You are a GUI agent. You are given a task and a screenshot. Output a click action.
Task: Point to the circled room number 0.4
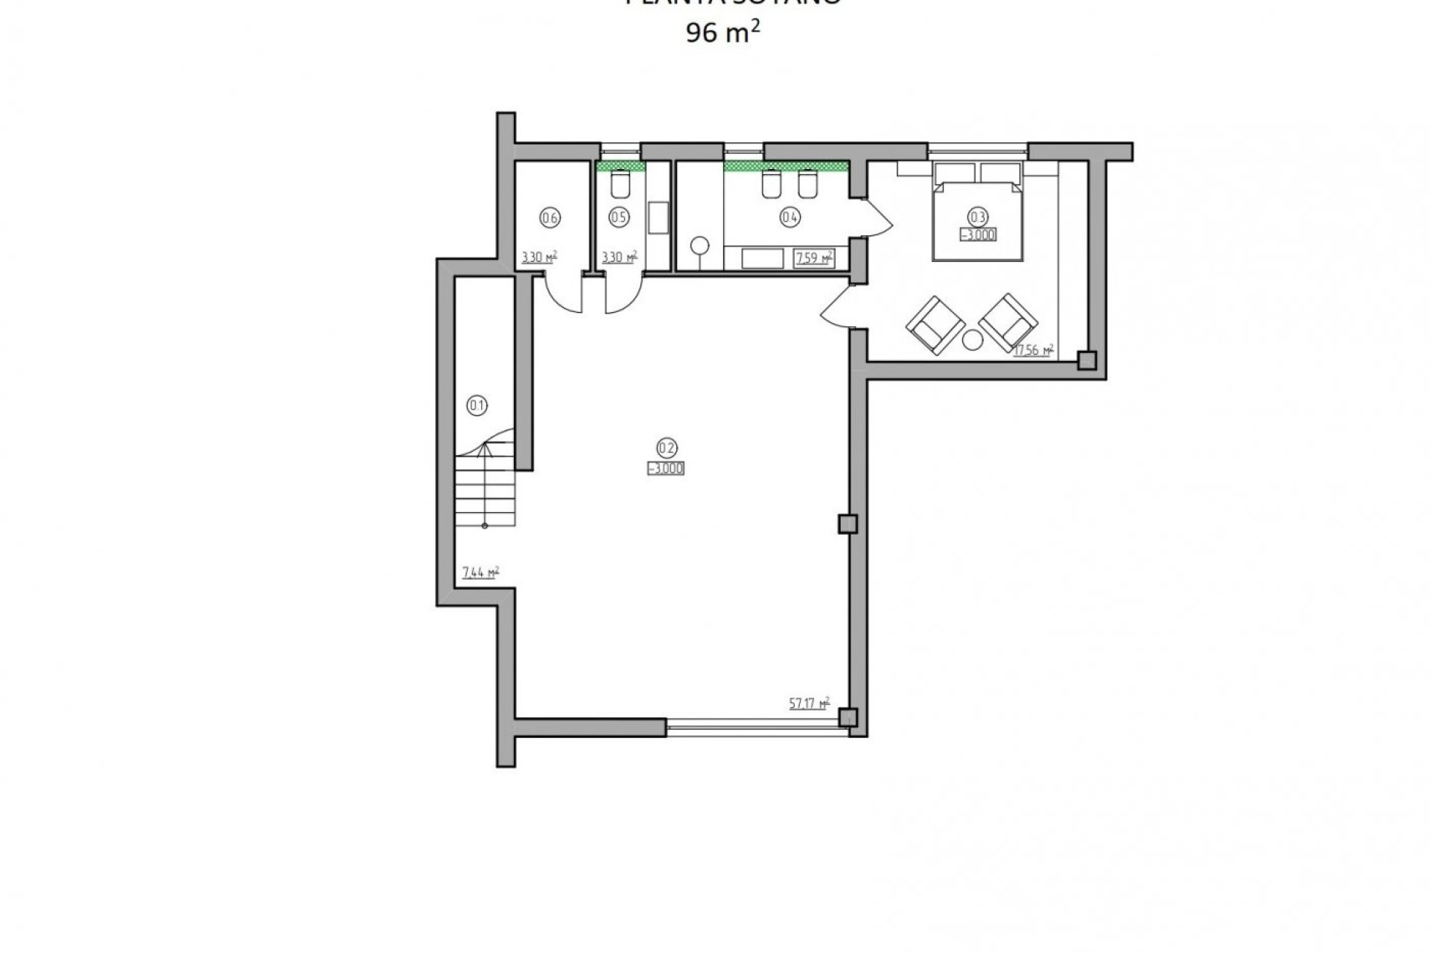click(x=789, y=217)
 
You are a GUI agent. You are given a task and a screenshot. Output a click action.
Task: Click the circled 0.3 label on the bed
click(x=977, y=217)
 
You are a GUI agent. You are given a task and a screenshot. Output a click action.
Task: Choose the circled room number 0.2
click(x=666, y=447)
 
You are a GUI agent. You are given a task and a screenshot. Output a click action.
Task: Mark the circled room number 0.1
click(x=476, y=406)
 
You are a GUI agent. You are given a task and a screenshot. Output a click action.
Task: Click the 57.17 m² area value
click(x=809, y=702)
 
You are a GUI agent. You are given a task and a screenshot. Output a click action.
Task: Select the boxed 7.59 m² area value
click(x=813, y=258)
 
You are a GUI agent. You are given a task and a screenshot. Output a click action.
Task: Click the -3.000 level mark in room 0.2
click(x=666, y=468)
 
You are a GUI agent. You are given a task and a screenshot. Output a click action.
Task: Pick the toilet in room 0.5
click(x=620, y=184)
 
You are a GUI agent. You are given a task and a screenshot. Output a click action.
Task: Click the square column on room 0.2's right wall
click(x=848, y=524)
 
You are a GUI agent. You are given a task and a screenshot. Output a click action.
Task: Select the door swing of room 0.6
click(x=562, y=295)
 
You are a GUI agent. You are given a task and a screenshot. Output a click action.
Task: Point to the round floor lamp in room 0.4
click(x=700, y=246)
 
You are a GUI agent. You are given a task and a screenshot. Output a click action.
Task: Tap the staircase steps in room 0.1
click(x=483, y=491)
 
